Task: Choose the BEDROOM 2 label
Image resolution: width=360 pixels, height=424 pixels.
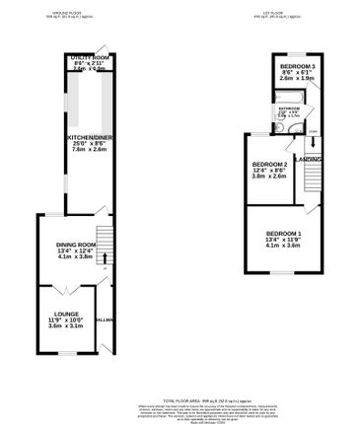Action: pyautogui.click(x=269, y=164)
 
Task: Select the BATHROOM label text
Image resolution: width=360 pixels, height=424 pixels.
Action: pyautogui.click(x=288, y=107)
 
